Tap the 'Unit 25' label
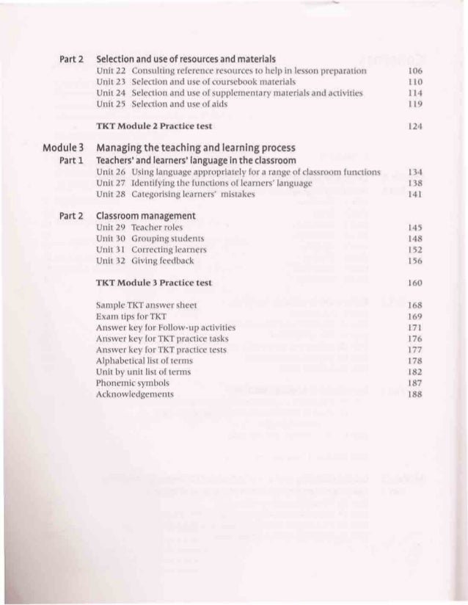pyautogui.click(x=111, y=105)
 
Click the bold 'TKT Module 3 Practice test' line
pyautogui.click(x=154, y=283)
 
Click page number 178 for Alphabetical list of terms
pyautogui.click(x=414, y=361)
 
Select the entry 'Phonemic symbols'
pyautogui.click(x=132, y=383)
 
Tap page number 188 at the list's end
pyautogui.click(x=414, y=394)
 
